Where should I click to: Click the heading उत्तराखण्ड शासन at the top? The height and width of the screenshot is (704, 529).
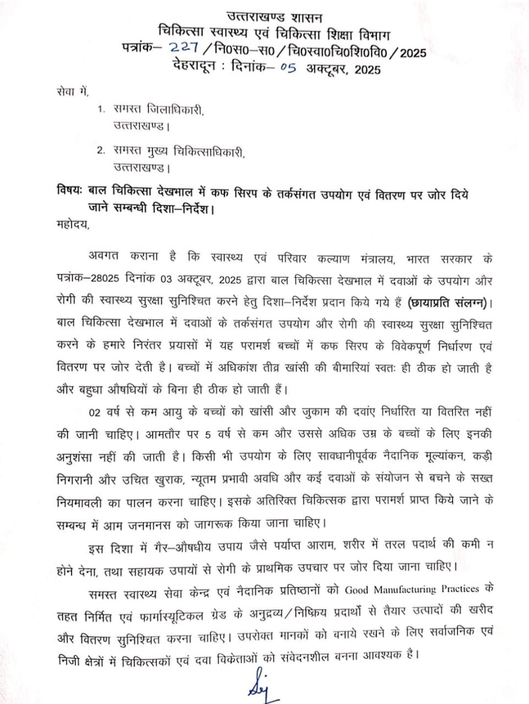(x=269, y=18)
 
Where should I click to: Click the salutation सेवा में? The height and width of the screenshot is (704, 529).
(x=71, y=89)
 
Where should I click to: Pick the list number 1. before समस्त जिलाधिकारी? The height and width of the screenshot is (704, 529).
(x=101, y=109)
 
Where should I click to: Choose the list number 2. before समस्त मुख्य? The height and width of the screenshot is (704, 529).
(x=101, y=150)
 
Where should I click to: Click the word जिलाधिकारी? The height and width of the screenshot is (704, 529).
(x=174, y=110)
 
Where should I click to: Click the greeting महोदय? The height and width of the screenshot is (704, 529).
(x=74, y=223)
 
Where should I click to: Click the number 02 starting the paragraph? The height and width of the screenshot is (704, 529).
(x=96, y=411)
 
